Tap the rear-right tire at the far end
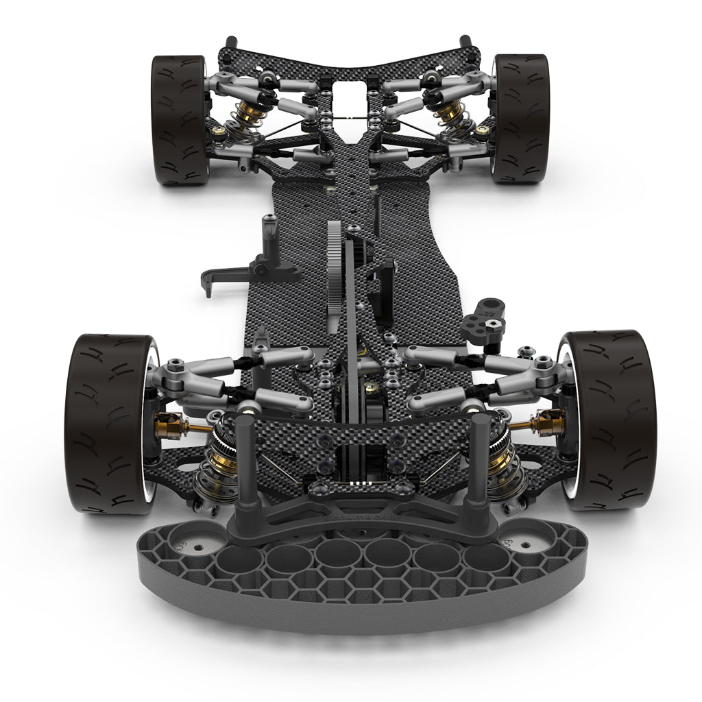522,119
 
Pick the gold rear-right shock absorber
448,113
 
